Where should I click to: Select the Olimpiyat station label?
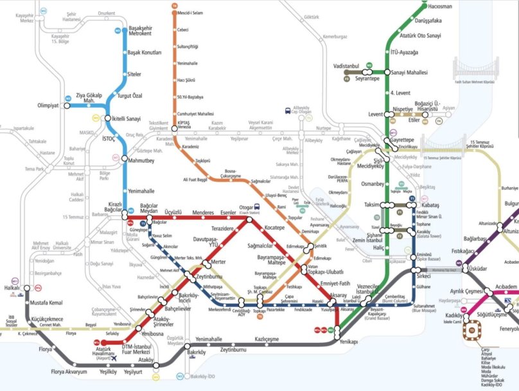[x=48, y=105]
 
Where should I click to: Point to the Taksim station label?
[x=372, y=204]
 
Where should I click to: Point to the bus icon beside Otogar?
[x=257, y=207]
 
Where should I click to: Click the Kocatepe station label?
[x=274, y=228]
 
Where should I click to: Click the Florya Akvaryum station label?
[x=66, y=372]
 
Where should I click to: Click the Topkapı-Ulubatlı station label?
[x=330, y=271]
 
